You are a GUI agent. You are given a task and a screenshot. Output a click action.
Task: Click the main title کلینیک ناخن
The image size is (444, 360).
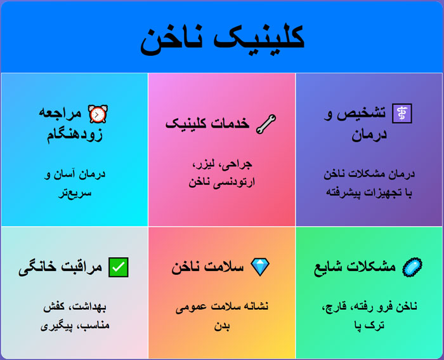tap(222, 39)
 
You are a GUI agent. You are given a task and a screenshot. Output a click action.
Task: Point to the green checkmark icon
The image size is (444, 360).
tap(118, 267)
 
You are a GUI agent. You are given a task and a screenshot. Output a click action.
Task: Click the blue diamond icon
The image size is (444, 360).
tap(261, 267)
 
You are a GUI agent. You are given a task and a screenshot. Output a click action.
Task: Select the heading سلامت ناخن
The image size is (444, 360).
tap(207, 267)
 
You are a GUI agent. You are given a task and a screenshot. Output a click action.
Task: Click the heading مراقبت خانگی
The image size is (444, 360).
tap(60, 267)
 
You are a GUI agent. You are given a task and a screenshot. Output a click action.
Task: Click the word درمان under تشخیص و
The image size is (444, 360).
tap(369, 135)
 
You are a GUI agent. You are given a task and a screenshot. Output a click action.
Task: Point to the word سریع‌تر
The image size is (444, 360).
tap(74, 191)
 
